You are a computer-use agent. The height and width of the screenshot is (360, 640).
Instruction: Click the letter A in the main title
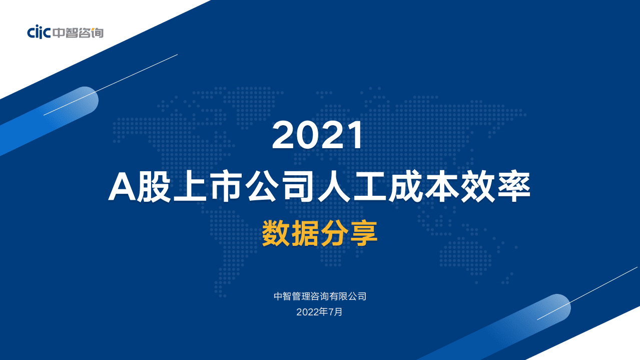tap(122, 187)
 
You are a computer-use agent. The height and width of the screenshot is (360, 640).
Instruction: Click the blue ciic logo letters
tap(39, 33)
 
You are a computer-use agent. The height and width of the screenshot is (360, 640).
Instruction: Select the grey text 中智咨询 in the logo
tap(78, 33)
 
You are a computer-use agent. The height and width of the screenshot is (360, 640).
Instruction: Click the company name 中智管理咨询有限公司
tap(320, 296)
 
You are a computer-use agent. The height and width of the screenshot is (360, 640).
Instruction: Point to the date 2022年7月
tap(320, 312)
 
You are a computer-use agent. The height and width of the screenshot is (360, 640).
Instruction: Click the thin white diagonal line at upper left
tap(110, 85)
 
